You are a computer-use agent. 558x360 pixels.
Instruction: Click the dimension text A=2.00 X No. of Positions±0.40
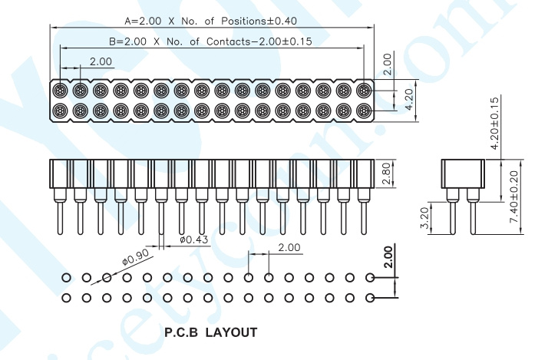point(210,21)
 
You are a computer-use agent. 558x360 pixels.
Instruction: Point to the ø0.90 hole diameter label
point(135,257)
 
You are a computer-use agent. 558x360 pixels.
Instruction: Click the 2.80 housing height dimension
point(386,174)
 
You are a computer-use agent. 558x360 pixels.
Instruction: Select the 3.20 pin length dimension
point(425,218)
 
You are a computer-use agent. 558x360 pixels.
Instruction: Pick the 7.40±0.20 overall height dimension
point(514,197)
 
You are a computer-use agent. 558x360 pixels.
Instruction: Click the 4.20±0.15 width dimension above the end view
point(494,123)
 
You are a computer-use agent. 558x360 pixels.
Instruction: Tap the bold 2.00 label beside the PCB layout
point(388,257)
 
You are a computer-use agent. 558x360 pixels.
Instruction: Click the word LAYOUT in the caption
point(231,332)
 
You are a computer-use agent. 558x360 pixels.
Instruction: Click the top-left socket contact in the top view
point(60,91)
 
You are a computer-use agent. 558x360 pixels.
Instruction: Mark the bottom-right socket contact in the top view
point(364,111)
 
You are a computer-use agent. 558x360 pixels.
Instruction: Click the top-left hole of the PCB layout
point(66,277)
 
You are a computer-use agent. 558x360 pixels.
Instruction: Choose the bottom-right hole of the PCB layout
point(370,298)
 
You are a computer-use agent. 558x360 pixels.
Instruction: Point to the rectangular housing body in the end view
point(463,173)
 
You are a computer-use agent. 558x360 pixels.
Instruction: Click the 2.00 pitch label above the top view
point(101,61)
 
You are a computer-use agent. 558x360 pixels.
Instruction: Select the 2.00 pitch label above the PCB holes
point(289,247)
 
